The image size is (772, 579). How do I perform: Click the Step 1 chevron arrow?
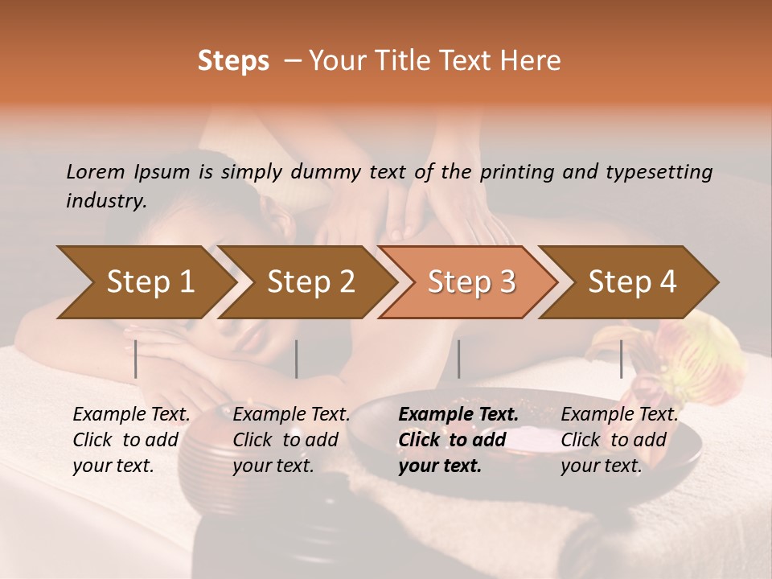pyautogui.click(x=150, y=281)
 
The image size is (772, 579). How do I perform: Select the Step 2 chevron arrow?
pyautogui.click(x=310, y=281)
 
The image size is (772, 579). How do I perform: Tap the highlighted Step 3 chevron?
pyautogui.click(x=471, y=281)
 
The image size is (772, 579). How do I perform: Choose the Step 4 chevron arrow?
pyautogui.click(x=632, y=281)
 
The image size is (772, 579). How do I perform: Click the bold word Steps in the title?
pyautogui.click(x=233, y=61)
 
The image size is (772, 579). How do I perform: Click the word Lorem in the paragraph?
pyautogui.click(x=96, y=171)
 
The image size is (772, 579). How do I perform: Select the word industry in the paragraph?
pyautogui.click(x=105, y=201)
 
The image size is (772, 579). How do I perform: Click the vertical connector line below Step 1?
pyautogui.click(x=136, y=359)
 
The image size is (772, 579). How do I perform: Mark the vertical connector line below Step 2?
pyautogui.click(x=297, y=359)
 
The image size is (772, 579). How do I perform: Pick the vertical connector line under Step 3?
pyautogui.click(x=458, y=359)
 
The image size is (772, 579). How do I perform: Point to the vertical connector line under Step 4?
pyautogui.click(x=622, y=359)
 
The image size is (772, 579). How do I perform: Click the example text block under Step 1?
pyautogui.click(x=130, y=440)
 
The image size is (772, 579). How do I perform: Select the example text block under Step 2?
pyautogui.click(x=290, y=440)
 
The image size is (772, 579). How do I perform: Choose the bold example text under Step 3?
pyautogui.click(x=458, y=440)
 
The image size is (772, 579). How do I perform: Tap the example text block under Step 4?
pyautogui.click(x=618, y=440)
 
